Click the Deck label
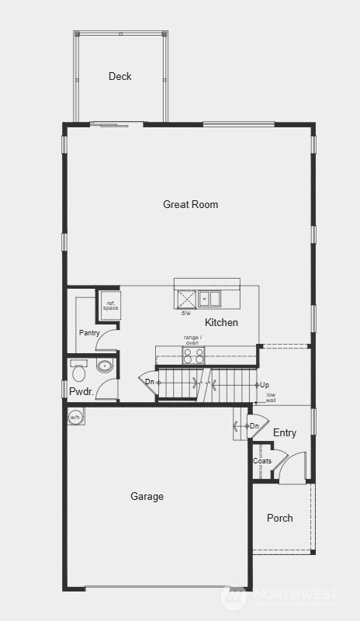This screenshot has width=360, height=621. [x=119, y=76]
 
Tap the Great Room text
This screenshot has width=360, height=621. [x=190, y=205]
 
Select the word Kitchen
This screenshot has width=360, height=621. [x=221, y=322]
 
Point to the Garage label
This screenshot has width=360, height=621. [x=147, y=497]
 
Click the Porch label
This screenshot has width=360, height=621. [x=279, y=518]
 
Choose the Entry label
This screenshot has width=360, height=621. [x=284, y=433]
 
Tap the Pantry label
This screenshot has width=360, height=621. [x=90, y=333]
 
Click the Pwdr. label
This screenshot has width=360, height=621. [x=81, y=392]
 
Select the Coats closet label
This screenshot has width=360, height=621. [x=262, y=461]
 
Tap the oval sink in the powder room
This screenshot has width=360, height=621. [x=105, y=366]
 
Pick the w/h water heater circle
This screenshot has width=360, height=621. [x=75, y=417]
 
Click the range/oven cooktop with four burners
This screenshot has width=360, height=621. [x=193, y=356]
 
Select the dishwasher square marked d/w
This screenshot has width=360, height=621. [x=186, y=299]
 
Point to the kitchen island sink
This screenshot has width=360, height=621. [x=209, y=298]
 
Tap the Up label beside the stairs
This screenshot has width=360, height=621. [x=265, y=385]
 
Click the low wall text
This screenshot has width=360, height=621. [x=271, y=397]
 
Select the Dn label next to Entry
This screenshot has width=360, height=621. [x=254, y=426]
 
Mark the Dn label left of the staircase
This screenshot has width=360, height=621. [x=150, y=381]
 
